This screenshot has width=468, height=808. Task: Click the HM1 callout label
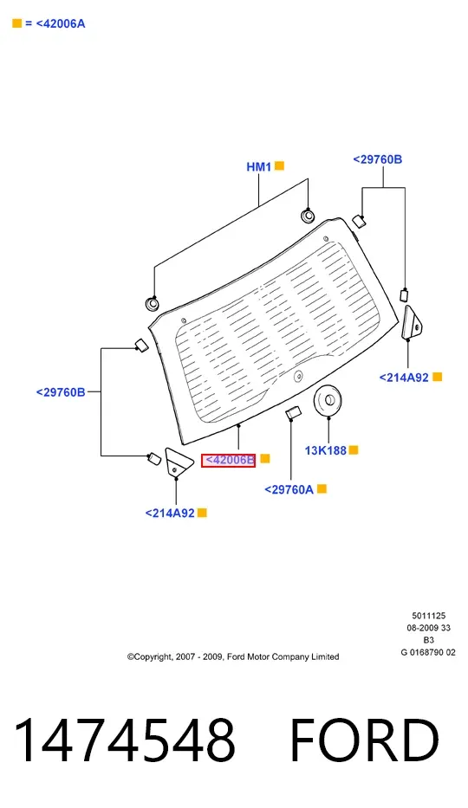click(x=259, y=166)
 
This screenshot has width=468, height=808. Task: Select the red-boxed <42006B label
click(x=228, y=460)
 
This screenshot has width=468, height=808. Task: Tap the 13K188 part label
click(x=326, y=450)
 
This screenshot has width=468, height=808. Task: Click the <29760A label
click(x=289, y=489)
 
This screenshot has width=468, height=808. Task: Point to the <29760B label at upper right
click(x=378, y=159)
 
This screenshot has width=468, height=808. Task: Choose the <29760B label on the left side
click(x=61, y=392)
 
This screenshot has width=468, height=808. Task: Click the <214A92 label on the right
click(x=404, y=378)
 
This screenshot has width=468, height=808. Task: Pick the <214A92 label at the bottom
click(x=170, y=514)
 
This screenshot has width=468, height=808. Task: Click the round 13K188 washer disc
click(x=328, y=399)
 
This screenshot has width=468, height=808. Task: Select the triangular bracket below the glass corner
click(x=176, y=462)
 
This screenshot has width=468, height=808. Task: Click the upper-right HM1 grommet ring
click(x=308, y=216)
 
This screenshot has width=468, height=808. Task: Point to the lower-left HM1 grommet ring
click(x=152, y=303)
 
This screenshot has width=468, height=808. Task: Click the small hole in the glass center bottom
click(x=298, y=377)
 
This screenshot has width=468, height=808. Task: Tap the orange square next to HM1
click(x=279, y=166)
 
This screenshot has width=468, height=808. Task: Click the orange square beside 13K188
click(x=354, y=449)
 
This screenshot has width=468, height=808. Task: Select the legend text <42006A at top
click(x=61, y=23)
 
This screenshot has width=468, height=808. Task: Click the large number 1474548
click(x=125, y=740)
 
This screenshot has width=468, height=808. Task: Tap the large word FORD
click(x=365, y=740)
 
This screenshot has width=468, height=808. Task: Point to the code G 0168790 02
click(x=428, y=652)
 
